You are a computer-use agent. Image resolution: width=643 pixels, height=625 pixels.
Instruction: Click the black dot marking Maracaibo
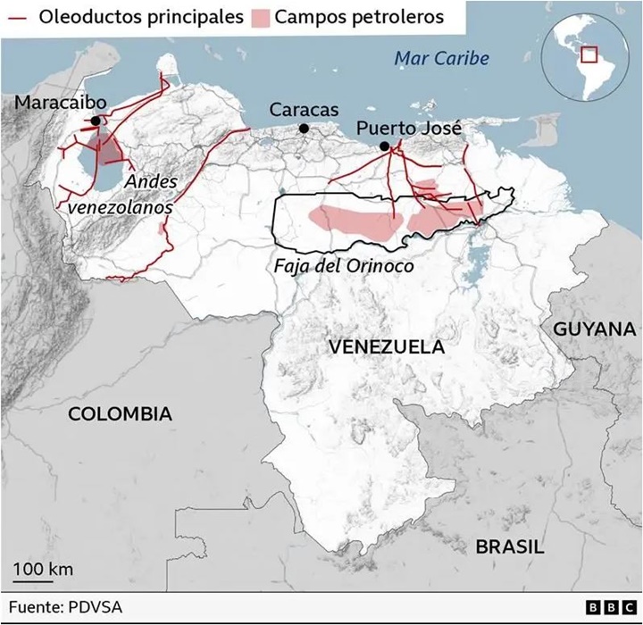coord(95,120)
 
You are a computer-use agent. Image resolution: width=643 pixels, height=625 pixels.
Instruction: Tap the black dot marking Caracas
coord(304,129)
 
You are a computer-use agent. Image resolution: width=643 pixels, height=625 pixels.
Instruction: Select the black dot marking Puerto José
coord(384,146)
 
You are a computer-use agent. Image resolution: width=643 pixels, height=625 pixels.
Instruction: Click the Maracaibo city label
coord(60,103)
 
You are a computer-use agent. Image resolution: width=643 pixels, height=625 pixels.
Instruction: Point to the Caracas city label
coord(305,110)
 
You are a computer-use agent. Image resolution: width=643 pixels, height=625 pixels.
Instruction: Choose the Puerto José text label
coord(409,129)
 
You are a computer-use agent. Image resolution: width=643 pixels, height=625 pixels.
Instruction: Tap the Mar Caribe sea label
coord(443,58)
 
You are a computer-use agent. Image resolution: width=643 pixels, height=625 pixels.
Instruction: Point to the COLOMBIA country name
coord(120,413)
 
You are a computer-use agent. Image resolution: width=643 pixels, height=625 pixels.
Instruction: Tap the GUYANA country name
coord(594,329)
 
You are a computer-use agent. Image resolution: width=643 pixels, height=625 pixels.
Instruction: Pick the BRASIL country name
coord(509,546)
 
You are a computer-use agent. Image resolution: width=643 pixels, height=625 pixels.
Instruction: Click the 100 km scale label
coord(43,569)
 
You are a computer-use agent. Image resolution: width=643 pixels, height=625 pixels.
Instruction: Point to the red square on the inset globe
coord(589,54)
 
